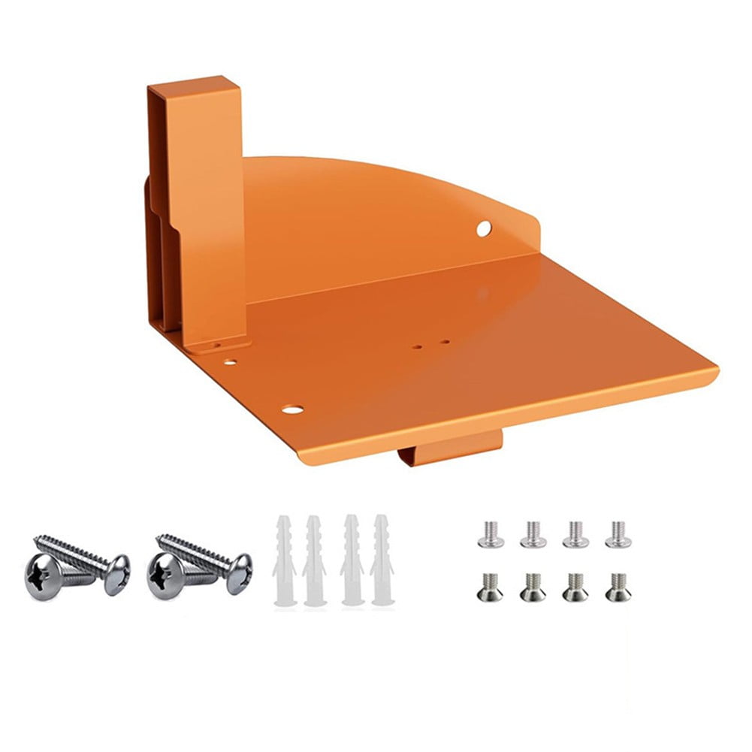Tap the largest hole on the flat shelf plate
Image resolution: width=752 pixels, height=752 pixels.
292,410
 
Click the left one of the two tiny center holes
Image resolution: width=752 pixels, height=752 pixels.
418,347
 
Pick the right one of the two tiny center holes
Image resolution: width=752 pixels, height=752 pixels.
445,343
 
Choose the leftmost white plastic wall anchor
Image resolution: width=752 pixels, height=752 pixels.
283,560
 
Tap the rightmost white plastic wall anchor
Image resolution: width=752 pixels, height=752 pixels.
381,560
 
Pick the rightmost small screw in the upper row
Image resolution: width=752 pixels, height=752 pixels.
618,534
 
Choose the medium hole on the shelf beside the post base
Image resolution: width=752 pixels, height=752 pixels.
231,362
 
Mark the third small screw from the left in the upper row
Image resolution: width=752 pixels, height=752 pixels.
575,534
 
